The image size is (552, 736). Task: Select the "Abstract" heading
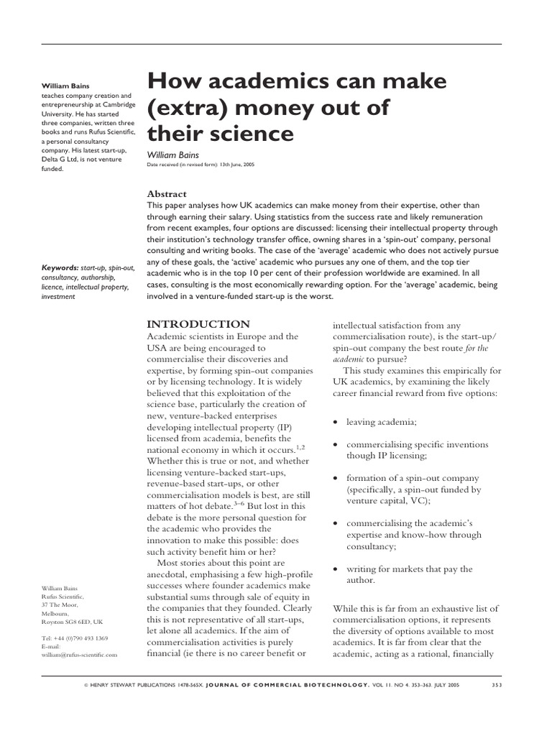tap(166, 194)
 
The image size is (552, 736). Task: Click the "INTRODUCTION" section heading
tap(198, 324)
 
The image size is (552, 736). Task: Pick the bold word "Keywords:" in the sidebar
tap(60, 267)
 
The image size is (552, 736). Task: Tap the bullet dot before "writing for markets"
tap(336, 569)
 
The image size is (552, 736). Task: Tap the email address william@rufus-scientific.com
tap(79, 655)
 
